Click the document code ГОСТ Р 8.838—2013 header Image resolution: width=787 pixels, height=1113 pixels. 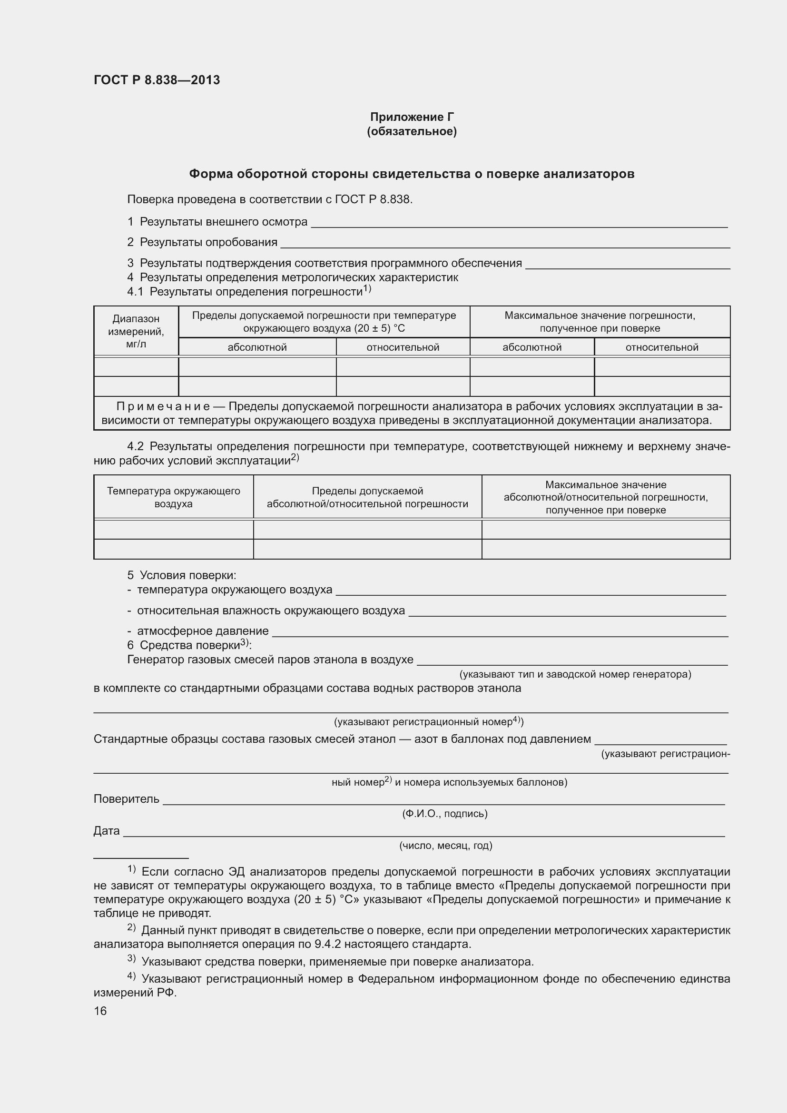point(157,80)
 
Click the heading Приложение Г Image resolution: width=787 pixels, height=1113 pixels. point(412,117)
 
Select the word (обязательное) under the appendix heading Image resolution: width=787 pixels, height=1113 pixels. point(412,131)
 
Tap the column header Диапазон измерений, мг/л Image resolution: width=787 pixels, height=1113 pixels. point(136,331)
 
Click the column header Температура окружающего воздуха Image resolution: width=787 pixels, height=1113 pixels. point(174,497)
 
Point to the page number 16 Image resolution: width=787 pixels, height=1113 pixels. point(100,1011)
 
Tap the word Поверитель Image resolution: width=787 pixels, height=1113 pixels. point(126,799)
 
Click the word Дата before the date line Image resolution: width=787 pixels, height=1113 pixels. point(106,831)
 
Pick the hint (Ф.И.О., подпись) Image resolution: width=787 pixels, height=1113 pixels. point(445,813)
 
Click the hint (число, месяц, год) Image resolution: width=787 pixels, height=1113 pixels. point(445,846)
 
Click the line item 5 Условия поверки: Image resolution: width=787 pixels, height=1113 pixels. point(182,575)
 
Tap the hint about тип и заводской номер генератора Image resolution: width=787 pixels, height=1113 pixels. point(575,674)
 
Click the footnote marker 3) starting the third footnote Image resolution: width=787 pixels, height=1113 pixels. point(131,958)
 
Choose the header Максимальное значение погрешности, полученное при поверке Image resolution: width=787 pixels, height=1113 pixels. point(600,322)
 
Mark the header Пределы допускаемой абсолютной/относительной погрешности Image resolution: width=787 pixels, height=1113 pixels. point(367,497)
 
